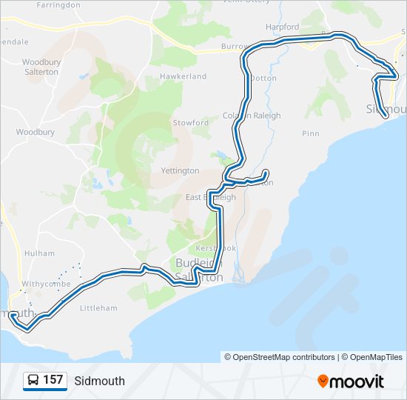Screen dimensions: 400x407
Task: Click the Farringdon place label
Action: click(58, 4)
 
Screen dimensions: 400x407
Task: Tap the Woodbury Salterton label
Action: click(41, 67)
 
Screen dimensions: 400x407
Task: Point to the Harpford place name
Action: click(282, 27)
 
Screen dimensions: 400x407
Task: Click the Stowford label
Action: click(191, 123)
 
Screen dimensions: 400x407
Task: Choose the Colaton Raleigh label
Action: click(252, 116)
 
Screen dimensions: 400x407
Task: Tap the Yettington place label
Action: click(180, 170)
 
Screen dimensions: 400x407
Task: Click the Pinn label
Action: click(311, 133)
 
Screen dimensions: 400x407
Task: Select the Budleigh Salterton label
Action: click(199, 270)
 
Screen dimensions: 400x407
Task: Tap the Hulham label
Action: click(39, 253)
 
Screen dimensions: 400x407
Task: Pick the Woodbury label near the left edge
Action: click(36, 132)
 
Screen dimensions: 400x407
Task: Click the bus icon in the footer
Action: click(33, 381)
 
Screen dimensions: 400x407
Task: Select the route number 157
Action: click(53, 381)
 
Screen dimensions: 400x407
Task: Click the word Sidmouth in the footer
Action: click(100, 381)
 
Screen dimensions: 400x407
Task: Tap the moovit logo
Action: click(351, 381)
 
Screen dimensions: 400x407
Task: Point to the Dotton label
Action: click(263, 78)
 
